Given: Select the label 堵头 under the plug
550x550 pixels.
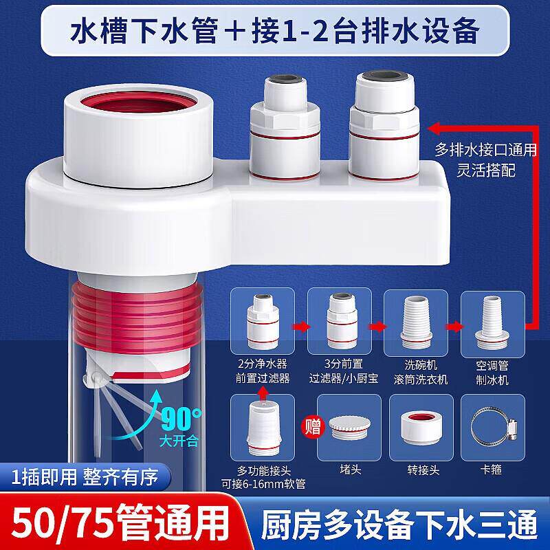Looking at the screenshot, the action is click(350, 470).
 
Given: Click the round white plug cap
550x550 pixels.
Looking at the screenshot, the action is click(349, 428).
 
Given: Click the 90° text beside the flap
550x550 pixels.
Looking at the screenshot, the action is click(181, 418).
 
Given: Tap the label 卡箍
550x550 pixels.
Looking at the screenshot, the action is click(491, 470).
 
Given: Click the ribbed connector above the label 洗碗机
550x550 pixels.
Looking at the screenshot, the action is click(416, 322).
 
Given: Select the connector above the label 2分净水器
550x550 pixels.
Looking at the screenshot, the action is click(263, 322).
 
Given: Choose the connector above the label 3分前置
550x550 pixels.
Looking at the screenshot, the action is click(341, 321).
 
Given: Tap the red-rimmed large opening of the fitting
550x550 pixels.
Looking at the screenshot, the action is click(139, 102).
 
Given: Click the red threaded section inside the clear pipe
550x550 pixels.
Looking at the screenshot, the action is click(137, 316).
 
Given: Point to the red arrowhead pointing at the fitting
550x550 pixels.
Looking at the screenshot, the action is click(434, 129).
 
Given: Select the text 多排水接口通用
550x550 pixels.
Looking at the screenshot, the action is click(486, 150).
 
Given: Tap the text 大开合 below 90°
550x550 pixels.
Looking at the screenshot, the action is click(179, 441).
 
